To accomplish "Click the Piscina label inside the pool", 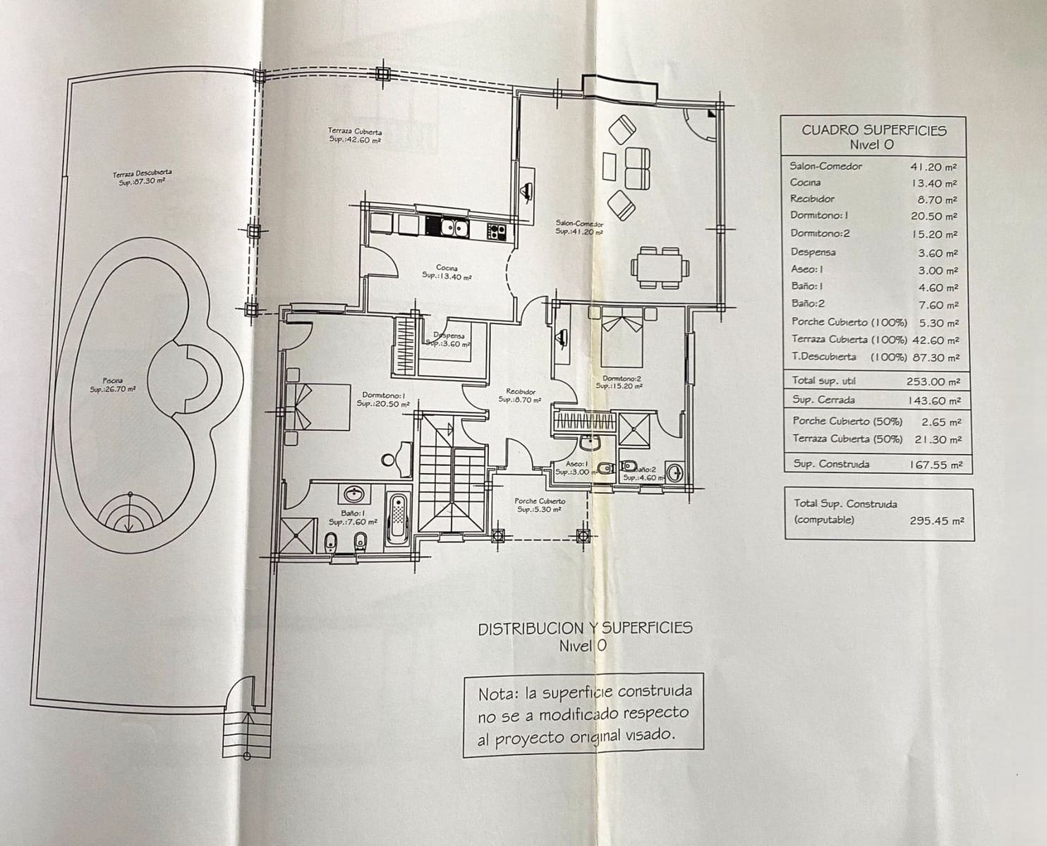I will click(112, 385).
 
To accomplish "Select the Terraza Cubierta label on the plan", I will click(355, 135).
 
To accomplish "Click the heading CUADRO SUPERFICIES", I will click(873, 130).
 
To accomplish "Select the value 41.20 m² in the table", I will click(933, 167).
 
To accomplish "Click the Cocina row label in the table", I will click(805, 183).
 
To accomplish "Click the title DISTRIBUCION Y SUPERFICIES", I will click(585, 628).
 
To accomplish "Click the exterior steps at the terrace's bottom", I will click(246, 734).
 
